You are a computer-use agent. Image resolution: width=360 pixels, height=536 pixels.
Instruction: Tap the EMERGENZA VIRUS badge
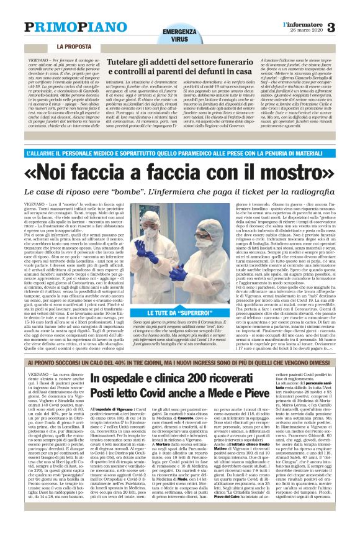176,34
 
